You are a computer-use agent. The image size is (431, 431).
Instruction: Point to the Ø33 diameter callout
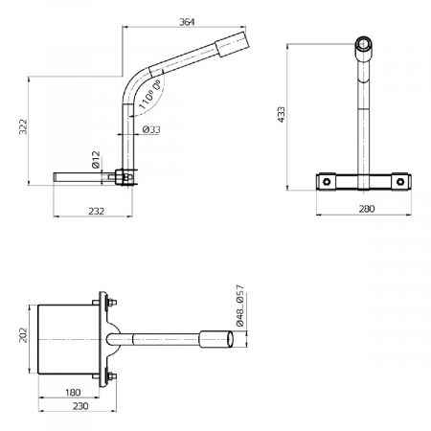[x=150, y=128]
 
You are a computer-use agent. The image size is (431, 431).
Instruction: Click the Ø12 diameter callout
[x=97, y=159]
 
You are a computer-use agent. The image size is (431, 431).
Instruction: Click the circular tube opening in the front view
[x=365, y=44]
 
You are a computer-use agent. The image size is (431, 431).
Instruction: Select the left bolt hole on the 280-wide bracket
[x=328, y=180]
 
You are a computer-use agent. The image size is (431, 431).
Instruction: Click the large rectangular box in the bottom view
[x=67, y=339]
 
